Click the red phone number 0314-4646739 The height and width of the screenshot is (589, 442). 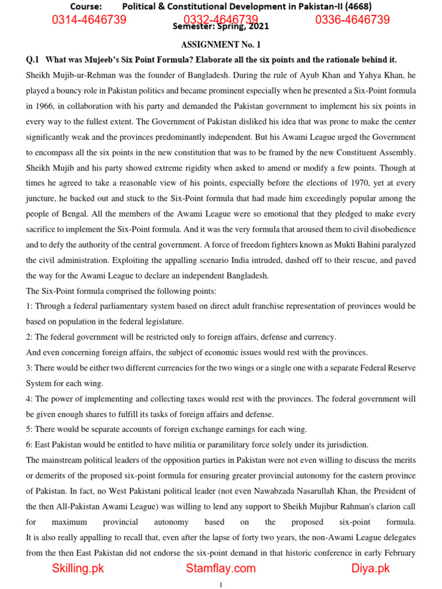[89, 20]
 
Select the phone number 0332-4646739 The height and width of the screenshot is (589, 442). [220, 20]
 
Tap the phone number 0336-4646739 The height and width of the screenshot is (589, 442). [352, 20]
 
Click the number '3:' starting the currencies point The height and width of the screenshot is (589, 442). [30, 368]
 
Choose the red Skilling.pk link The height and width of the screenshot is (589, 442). [78, 568]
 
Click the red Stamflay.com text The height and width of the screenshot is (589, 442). [220, 568]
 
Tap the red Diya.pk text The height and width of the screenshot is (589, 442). [371, 568]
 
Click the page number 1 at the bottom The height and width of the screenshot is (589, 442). [221, 584]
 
